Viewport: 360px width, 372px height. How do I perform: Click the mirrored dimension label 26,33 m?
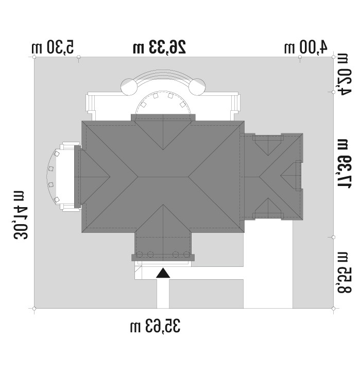pos(159,47)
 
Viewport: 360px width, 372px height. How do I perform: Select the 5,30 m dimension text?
pos(53,47)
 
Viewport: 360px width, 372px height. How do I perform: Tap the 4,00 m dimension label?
pos(306,47)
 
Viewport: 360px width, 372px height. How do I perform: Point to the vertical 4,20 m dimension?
pos(343,74)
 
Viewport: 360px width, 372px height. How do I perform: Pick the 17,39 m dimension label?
pos(343,164)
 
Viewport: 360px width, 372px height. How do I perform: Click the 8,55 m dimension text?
pos(343,273)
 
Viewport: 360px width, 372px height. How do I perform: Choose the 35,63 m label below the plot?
pos(156,326)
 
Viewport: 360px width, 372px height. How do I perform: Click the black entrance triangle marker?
pos(163,273)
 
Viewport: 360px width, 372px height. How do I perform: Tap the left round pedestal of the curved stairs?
pos(129,87)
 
